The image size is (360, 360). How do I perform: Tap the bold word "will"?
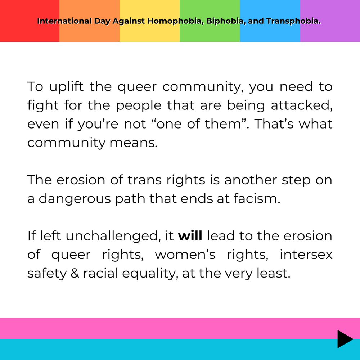click(x=190, y=236)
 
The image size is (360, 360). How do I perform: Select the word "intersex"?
click(x=306, y=255)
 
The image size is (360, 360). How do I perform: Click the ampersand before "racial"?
click(x=75, y=273)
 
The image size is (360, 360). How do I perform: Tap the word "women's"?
click(x=185, y=255)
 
